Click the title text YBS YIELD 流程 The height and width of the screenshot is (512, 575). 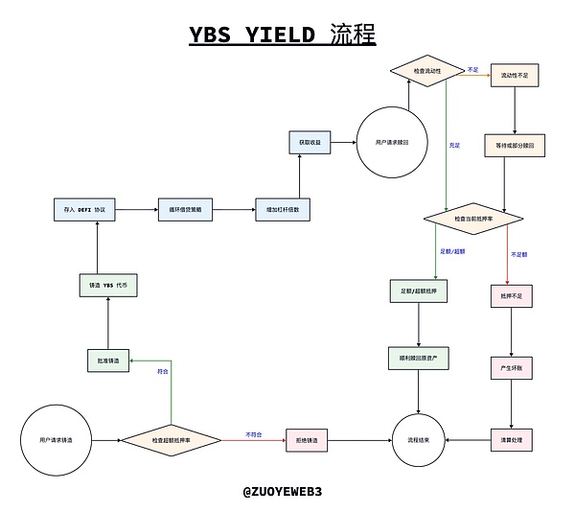click(x=282, y=35)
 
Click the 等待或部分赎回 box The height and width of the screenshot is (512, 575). click(x=517, y=146)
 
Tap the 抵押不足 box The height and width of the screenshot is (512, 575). click(x=512, y=297)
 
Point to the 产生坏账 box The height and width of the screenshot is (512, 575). click(x=512, y=368)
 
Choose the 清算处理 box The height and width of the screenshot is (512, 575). click(x=512, y=439)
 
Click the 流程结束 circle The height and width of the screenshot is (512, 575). click(x=419, y=439)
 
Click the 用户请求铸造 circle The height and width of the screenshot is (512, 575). click(x=59, y=439)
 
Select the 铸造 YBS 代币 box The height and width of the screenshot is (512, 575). click(x=107, y=285)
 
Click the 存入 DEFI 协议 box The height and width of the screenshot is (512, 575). click(x=83, y=208)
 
